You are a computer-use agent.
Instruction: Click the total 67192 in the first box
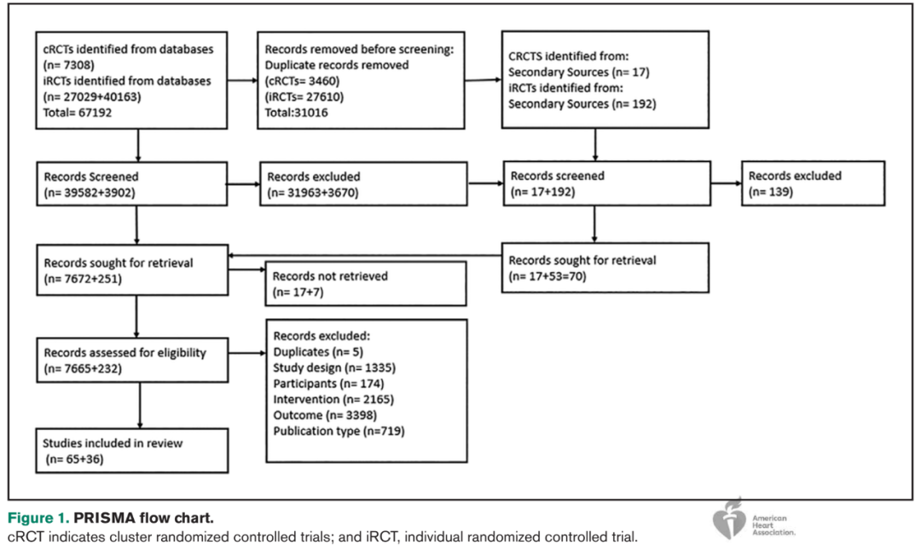pos(78,113)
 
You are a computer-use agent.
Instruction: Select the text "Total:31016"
pos(296,113)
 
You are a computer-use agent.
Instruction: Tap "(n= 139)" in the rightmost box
pos(771,192)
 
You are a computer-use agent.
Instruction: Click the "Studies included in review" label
pos(113,443)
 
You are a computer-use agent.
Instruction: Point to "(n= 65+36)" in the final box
pos(74,459)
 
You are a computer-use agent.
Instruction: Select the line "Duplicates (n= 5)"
pos(318,352)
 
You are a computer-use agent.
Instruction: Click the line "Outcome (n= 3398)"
pos(325,415)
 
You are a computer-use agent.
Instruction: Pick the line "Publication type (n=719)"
pos(339,431)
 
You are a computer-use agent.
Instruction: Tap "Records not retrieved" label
pos(330,276)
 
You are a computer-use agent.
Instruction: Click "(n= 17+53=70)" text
pos(547,276)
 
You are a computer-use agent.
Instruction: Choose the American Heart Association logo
pos(754,519)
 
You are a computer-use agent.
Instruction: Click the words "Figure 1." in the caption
pos(38,518)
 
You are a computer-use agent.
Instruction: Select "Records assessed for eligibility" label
pos(125,352)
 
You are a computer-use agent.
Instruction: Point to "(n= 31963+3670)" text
pos(312,193)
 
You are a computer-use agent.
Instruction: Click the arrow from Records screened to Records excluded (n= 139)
pos(726,183)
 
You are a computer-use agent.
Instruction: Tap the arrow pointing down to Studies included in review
pos(140,405)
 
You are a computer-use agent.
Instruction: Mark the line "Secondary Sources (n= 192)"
pos(582,104)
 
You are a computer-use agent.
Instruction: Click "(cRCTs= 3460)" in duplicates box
pos(302,81)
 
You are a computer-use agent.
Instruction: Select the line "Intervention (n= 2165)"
pos(333,400)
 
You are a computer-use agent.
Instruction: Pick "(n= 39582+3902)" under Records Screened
pos(90,193)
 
